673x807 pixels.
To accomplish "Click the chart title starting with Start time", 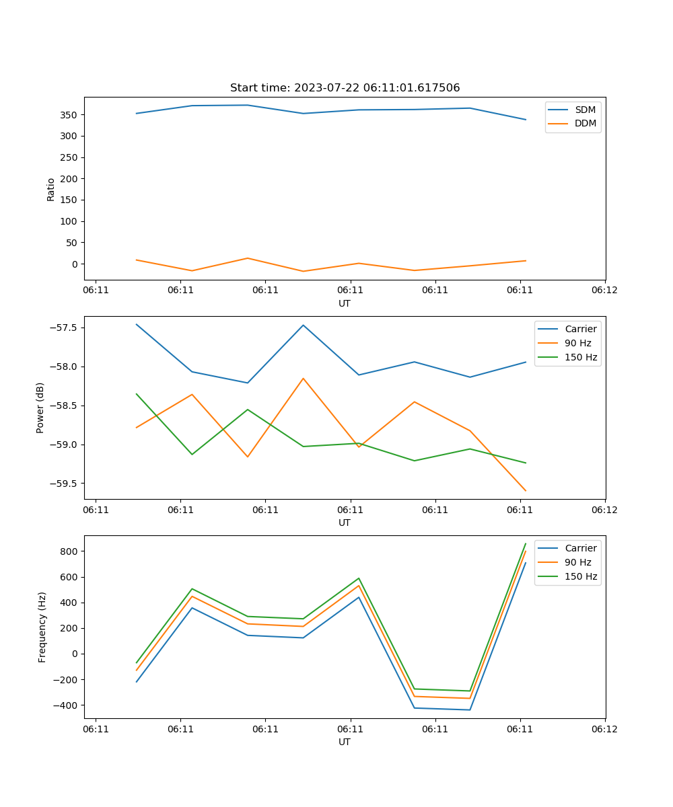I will click(345, 88).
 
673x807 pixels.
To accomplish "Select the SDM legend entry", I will click(585, 110).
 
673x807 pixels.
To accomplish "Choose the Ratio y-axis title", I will click(51, 189).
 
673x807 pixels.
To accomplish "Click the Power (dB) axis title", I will click(40, 408).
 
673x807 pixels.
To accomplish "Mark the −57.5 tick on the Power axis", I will click(62, 328).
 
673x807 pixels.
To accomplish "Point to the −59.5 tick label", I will click(62, 484).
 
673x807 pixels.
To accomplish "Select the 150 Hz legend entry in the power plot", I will click(581, 357).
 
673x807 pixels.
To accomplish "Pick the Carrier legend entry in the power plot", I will click(580, 329).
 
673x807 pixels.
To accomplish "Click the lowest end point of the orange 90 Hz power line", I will click(526, 491).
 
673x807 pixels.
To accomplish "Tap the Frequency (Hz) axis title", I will click(42, 627).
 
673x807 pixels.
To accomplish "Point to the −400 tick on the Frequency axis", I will click(65, 705).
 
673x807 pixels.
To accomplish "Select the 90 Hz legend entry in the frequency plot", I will click(577, 562).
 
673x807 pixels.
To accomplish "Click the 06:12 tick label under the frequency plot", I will click(604, 729).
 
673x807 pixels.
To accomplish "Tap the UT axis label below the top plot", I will click(345, 303).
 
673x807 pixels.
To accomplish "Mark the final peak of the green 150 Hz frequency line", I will click(526, 543).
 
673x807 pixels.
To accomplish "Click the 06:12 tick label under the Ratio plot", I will click(604, 291).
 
